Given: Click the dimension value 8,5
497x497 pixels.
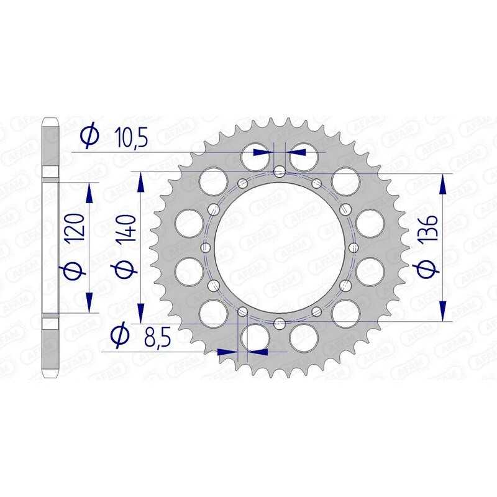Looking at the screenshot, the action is point(158,337).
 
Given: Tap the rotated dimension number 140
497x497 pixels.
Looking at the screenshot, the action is point(126,228).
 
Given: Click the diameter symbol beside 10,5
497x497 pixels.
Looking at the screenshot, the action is point(89,136).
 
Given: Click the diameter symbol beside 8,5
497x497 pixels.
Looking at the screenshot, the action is point(120,335).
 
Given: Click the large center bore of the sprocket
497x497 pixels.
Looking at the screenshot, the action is point(280,247).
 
